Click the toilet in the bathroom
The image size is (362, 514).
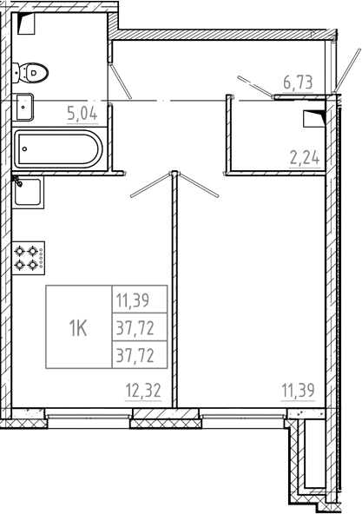click(x=34, y=74)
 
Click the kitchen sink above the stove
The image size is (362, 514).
click(x=28, y=193)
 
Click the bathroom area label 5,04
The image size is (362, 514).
click(x=82, y=111)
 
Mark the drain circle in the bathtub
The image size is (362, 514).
click(x=25, y=148)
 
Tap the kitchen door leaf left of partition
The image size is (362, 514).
click(x=151, y=184)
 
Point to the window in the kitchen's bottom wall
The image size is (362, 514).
click(x=87, y=418)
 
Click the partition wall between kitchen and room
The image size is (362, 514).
click(x=174, y=295)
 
